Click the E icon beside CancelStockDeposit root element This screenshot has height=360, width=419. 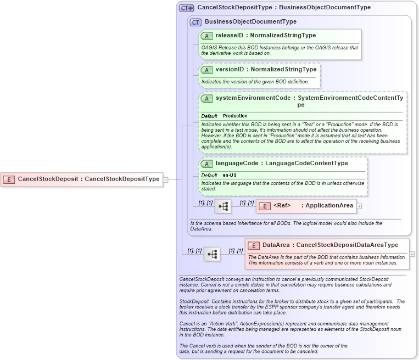pyautogui.click(x=9, y=179)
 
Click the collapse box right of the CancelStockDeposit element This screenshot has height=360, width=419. pyautogui.click(x=165, y=179)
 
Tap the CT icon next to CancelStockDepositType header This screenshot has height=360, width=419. pyautogui.click(x=187, y=8)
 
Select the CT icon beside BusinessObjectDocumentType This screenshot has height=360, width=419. pyautogui.click(x=196, y=22)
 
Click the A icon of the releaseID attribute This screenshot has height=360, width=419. pyautogui.click(x=207, y=36)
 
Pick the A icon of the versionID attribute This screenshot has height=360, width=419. pyautogui.click(x=207, y=70)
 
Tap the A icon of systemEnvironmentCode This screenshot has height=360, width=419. pyautogui.click(x=207, y=98)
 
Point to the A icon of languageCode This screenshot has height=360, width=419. pyautogui.click(x=207, y=164)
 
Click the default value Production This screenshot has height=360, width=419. pyautogui.click(x=235, y=116)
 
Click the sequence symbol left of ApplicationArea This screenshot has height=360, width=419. pyautogui.click(x=223, y=206)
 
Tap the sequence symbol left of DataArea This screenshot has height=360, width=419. pyautogui.click(x=212, y=254)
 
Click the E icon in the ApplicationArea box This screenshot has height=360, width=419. pyautogui.click(x=264, y=206)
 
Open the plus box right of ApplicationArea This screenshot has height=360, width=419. pyautogui.click(x=360, y=206)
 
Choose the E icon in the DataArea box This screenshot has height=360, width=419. pyautogui.click(x=254, y=245)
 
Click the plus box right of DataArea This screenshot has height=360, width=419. pyautogui.click(x=412, y=254)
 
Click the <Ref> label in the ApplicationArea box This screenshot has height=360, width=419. pyautogui.click(x=282, y=206)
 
